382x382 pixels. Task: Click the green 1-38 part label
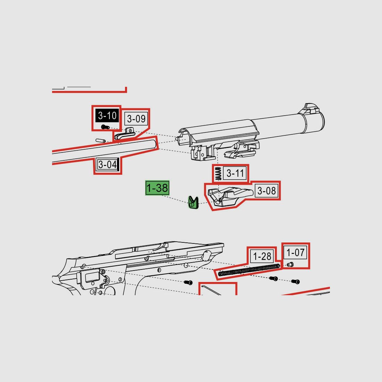coord(157,188)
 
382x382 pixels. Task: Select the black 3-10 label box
coord(107,116)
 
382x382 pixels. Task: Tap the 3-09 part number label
coord(136,119)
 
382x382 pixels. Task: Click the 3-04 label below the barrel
coord(107,165)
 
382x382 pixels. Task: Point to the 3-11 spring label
coord(235,173)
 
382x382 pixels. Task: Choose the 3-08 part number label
coord(266,191)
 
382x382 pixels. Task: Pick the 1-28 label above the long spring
coord(262,256)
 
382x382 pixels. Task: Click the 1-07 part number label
coord(295,252)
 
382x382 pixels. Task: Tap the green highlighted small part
coord(193,202)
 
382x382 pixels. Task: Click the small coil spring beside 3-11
coord(218,174)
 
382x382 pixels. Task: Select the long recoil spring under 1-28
coord(249,270)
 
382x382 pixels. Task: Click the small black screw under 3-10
coord(105,127)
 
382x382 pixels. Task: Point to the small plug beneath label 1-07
coord(290,265)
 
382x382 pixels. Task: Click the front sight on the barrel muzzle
coord(311,108)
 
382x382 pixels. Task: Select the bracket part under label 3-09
coord(125,133)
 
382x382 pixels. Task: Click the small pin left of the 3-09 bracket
coord(100,141)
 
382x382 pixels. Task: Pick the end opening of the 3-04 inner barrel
coord(155,143)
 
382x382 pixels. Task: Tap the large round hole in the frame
coord(207,255)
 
